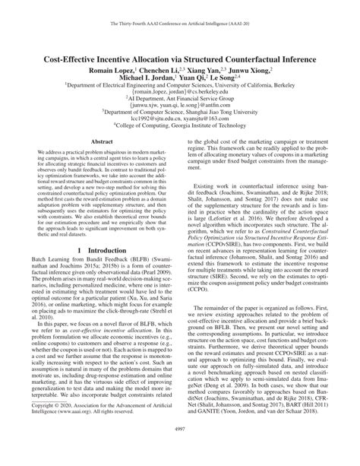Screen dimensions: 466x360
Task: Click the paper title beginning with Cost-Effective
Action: tap(180, 55)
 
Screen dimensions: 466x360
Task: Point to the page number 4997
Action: tap(180, 452)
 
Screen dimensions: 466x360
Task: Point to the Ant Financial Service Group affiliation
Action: tap(180, 100)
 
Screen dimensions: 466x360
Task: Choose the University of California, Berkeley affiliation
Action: tap(180, 86)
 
